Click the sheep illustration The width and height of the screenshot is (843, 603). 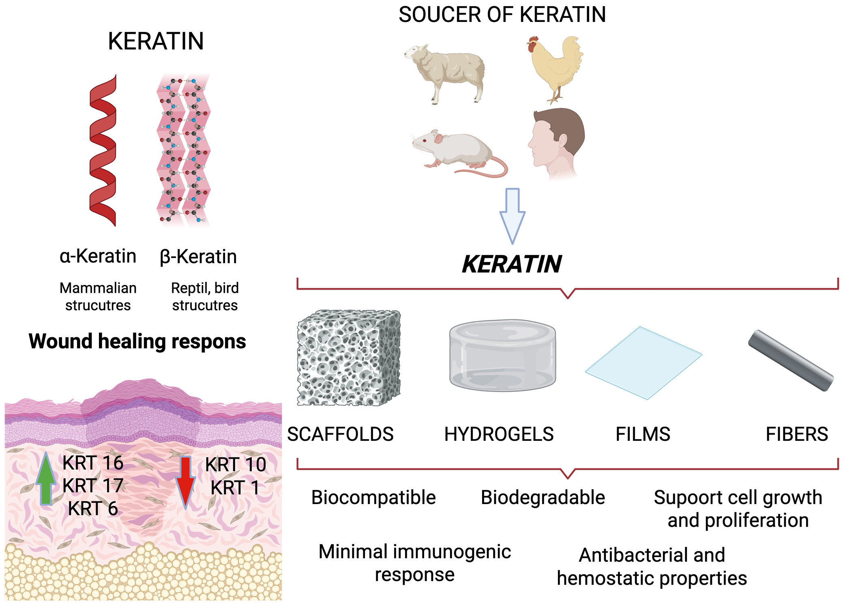(x=446, y=71)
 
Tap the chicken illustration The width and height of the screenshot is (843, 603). (x=556, y=67)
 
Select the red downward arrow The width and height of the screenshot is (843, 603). (x=185, y=481)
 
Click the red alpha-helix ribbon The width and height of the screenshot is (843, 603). (x=103, y=150)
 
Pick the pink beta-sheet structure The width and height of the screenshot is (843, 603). (x=183, y=150)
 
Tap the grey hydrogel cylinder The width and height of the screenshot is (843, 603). (x=502, y=355)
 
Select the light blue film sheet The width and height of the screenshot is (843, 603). (x=643, y=362)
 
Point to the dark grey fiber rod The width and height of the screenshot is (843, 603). (x=791, y=360)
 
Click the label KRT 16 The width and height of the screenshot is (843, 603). (x=93, y=463)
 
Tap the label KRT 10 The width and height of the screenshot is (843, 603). (x=236, y=464)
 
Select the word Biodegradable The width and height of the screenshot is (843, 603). (x=543, y=497)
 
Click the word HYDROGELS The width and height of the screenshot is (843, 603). (x=499, y=434)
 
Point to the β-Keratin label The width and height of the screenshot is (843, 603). (x=198, y=256)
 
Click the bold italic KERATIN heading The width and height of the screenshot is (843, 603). (x=512, y=264)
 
